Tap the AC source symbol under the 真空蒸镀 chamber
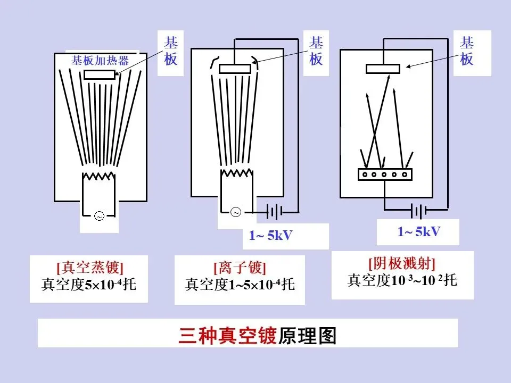pos(98,215)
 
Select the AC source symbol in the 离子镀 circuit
pos(236,212)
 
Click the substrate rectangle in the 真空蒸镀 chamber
pos(100,74)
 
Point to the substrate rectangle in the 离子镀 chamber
pos(235,69)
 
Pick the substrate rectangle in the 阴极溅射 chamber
pos(383,69)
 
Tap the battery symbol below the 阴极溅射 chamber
pos(418,212)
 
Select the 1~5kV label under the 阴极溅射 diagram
pos(418,231)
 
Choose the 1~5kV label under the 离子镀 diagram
pos(270,235)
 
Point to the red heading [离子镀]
pos(240,268)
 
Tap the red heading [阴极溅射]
pos(402,263)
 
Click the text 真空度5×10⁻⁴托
pos(88,285)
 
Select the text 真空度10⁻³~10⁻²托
pos(402,280)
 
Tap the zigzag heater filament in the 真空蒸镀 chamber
pos(98,176)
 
